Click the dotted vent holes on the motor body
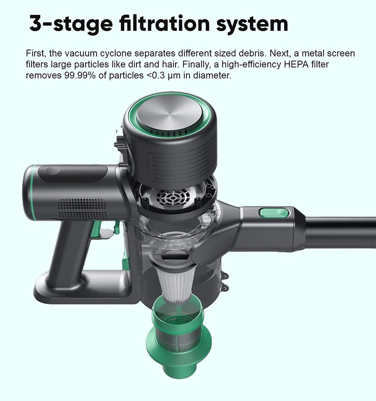pyautogui.click(x=82, y=208)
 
